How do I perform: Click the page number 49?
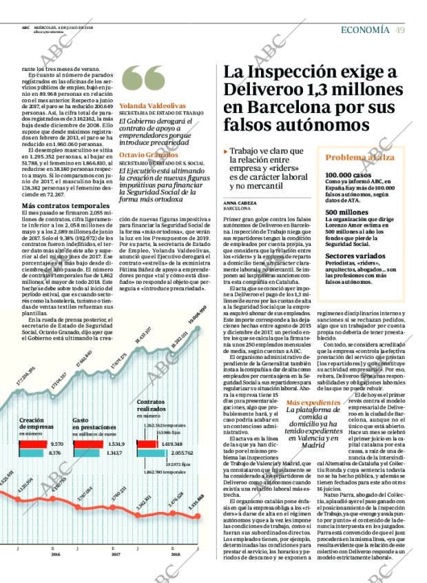coord(399,29)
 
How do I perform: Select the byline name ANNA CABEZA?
coord(239,204)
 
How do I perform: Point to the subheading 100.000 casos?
coord(348,175)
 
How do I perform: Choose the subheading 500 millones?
coord(347,212)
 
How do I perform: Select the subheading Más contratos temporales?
coord(65,206)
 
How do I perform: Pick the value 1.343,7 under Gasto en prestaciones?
coord(116,453)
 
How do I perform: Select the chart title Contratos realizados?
coord(152,405)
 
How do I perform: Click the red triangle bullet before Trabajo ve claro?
coord(225,151)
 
